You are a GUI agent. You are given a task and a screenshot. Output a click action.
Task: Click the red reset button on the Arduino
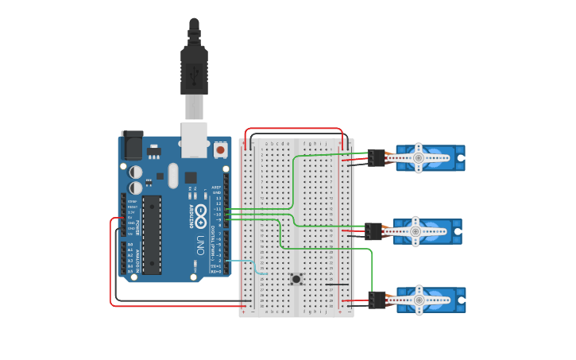coord(220,149)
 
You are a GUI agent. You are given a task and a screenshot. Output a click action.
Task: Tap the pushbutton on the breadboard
coord(296,278)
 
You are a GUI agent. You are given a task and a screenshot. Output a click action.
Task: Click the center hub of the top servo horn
coord(418,158)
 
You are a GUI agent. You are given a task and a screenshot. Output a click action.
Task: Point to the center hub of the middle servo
coord(415,231)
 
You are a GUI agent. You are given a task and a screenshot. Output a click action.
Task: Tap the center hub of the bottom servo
coord(417,300)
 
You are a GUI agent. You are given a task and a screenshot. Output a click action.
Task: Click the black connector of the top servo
coord(376,157)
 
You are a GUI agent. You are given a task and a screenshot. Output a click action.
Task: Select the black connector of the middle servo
coord(373,231)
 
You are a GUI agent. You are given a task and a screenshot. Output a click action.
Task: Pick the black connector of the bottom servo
coord(376,300)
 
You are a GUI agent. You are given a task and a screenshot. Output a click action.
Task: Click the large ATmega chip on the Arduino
coord(152,234)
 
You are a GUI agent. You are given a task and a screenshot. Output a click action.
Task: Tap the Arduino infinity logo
coord(201,213)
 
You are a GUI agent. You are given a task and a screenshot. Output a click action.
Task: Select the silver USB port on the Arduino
coord(194,135)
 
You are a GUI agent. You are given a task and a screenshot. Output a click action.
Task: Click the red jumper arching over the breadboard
coord(294,128)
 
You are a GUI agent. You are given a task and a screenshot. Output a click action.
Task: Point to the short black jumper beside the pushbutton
coord(337,284)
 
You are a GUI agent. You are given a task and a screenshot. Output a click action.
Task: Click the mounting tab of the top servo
coord(460,158)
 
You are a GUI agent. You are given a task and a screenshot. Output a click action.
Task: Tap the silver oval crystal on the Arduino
coord(173,194)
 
